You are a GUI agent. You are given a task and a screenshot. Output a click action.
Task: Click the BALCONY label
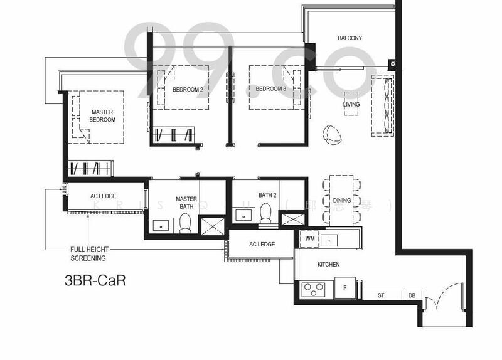pyautogui.click(x=350, y=38)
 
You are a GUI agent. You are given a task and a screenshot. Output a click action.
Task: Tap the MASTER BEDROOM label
pyautogui.click(x=102, y=115)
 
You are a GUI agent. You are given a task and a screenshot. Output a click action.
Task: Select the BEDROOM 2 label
pyautogui.click(x=188, y=89)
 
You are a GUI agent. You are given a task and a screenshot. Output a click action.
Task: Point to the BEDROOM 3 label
pyautogui.click(x=270, y=89)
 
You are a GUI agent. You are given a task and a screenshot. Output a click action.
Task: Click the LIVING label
pyautogui.click(x=351, y=105)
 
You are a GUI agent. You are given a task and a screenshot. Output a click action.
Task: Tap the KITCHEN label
pyautogui.click(x=328, y=265)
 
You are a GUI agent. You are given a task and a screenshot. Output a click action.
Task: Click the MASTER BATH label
pyautogui.click(x=186, y=203)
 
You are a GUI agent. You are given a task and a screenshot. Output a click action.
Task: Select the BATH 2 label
pyautogui.click(x=267, y=195)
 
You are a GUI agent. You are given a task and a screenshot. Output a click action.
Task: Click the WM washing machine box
pyautogui.click(x=309, y=239)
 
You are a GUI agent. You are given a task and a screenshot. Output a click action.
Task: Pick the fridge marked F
pyautogui.click(x=344, y=289)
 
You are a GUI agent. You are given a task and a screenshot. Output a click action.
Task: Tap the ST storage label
pyautogui.click(x=380, y=295)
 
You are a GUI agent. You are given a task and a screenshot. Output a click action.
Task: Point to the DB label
pyautogui.click(x=412, y=295)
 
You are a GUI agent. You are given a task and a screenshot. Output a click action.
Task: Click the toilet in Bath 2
pyautogui.click(x=265, y=214)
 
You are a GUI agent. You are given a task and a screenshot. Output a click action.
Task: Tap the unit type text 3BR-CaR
pyautogui.click(x=95, y=280)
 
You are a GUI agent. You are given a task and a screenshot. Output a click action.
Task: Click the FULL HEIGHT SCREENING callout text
pyautogui.click(x=88, y=254)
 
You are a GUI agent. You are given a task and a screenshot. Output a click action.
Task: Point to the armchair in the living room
pyautogui.click(x=331, y=133)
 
